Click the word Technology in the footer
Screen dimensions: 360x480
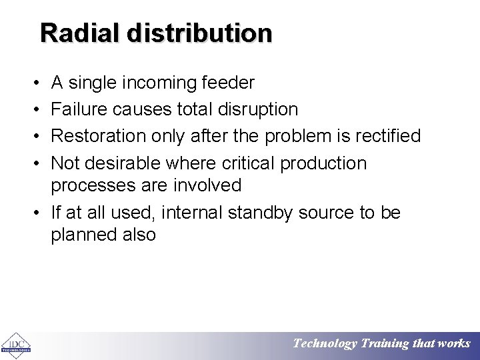click(325, 344)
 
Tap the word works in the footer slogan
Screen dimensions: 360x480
click(454, 344)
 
